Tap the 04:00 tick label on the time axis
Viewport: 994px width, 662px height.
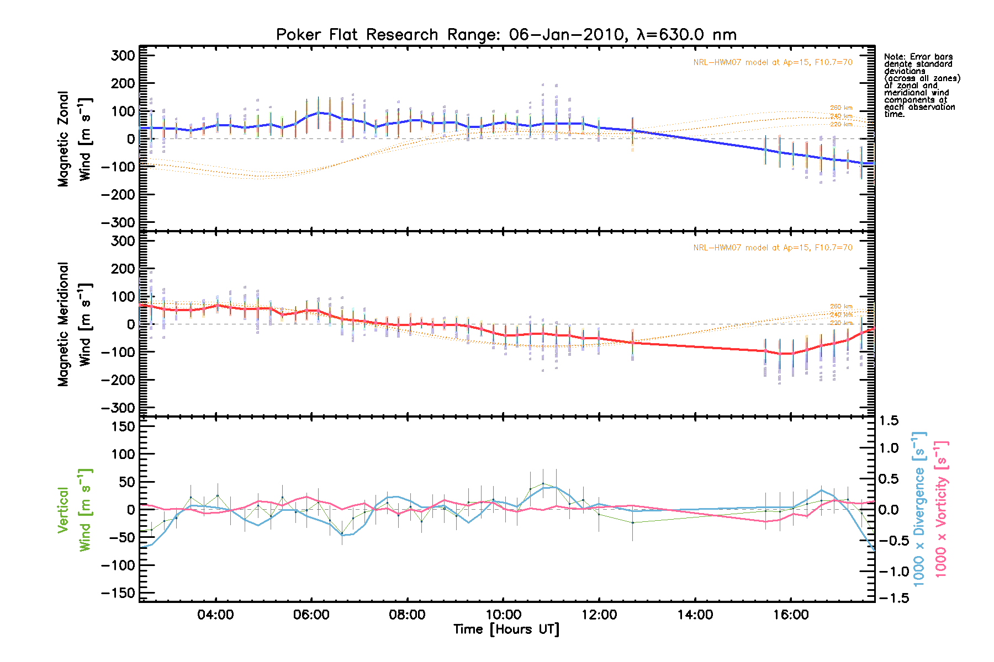215,615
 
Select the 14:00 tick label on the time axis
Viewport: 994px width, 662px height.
695,615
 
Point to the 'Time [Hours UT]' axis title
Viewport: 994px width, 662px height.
506,629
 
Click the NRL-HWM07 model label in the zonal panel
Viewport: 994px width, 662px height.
773,62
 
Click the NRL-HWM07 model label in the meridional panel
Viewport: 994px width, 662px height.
773,248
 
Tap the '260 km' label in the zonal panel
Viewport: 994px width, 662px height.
841,108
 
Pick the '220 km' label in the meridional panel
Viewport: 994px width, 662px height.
841,323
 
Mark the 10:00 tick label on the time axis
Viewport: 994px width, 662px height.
503,615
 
